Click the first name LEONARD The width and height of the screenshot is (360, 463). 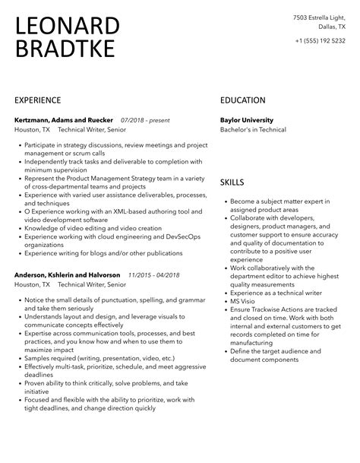[67, 27]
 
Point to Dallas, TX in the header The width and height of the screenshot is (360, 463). [331, 25]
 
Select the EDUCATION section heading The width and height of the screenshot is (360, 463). [242, 100]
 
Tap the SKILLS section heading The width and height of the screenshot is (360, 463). [232, 182]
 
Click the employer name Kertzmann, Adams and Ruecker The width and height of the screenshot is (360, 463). [64, 119]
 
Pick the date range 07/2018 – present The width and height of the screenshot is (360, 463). [145, 119]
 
